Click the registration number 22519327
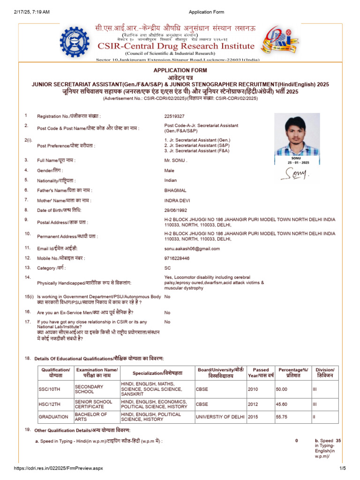click(x=174, y=116)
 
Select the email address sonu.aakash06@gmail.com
click(x=192, y=248)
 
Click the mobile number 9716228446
click(x=177, y=258)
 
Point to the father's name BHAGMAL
click(x=175, y=190)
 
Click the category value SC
click(x=167, y=268)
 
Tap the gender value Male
click(x=169, y=171)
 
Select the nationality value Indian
click(x=171, y=180)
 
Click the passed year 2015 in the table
click(x=254, y=417)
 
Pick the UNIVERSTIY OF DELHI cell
click(x=219, y=417)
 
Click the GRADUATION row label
click(x=52, y=417)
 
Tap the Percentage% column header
click(x=292, y=373)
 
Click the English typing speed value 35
click(x=338, y=441)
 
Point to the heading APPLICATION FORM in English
click(x=180, y=70)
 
